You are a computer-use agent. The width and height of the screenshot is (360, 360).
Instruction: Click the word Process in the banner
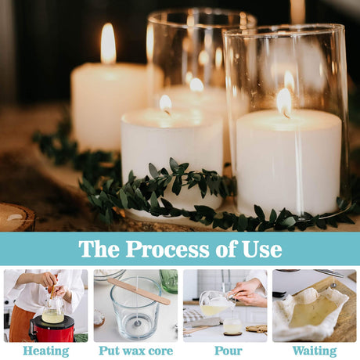tap(167, 249)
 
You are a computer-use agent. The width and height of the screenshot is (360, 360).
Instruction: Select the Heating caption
tap(46, 351)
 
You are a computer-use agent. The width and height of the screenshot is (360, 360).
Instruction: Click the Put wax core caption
tap(136, 351)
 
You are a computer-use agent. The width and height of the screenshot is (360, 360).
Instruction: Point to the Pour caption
tap(229, 351)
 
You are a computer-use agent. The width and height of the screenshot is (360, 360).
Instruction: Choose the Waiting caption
tap(315, 351)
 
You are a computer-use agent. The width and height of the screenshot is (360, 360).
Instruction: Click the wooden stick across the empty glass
tap(139, 291)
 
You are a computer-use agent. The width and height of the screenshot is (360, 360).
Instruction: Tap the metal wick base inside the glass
tap(137, 323)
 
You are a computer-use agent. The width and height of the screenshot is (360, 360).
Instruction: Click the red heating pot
tap(52, 329)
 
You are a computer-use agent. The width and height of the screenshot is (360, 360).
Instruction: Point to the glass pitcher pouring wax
tap(214, 304)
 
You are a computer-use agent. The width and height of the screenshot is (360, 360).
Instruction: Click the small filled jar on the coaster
tap(232, 326)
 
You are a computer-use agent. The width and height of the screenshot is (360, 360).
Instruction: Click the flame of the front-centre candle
tap(165, 104)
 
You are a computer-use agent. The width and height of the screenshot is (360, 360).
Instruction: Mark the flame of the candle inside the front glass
tap(284, 103)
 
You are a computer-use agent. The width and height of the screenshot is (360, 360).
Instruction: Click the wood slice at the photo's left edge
tap(16, 217)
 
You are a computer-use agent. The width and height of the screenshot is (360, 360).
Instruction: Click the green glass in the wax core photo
tap(169, 280)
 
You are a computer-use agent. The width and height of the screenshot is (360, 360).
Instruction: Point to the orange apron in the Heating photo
tap(21, 323)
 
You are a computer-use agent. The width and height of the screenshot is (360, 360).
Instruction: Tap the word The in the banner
tap(99, 249)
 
